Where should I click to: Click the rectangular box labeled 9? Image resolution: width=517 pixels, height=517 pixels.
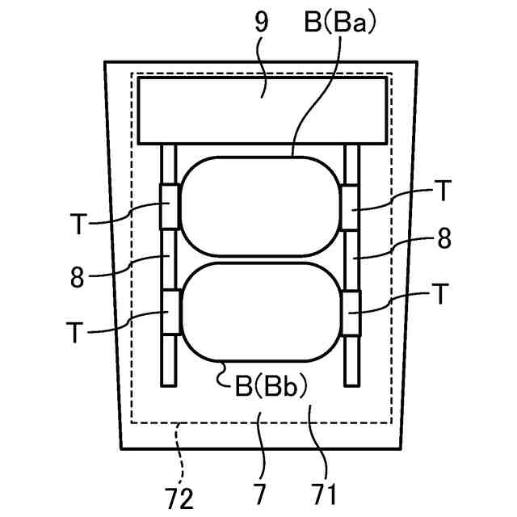point(261,111)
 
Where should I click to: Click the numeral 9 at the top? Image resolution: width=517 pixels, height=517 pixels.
point(260,22)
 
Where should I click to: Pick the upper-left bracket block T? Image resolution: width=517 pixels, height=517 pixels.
point(170,206)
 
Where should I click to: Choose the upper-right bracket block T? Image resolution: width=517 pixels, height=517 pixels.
point(352,206)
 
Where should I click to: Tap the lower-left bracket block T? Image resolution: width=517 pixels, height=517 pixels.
point(170,312)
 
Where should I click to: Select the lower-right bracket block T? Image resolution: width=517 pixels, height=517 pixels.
point(352,312)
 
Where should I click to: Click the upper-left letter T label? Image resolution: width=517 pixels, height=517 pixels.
point(77,225)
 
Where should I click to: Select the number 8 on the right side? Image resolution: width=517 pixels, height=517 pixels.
point(443,240)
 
